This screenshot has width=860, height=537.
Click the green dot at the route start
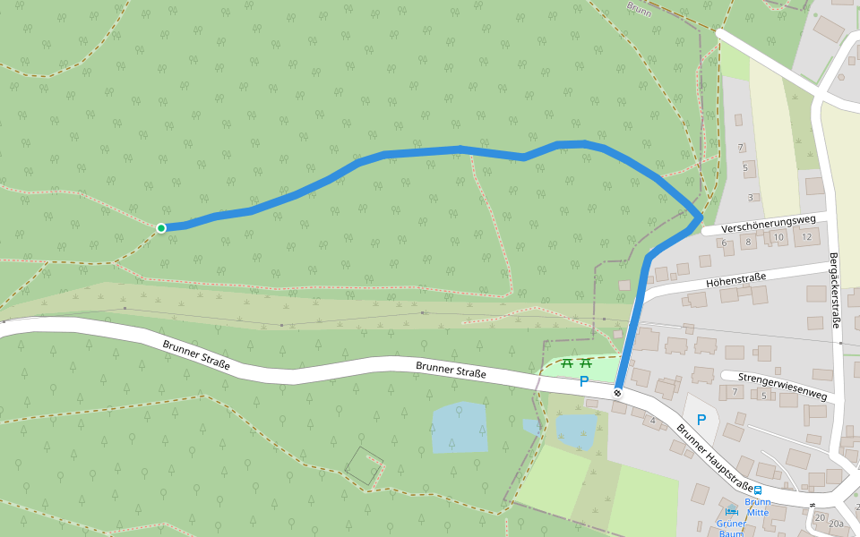pyautogui.click(x=161, y=228)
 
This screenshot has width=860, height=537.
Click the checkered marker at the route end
pyautogui.click(x=617, y=392)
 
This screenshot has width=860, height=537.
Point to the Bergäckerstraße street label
pyautogui.click(x=834, y=288)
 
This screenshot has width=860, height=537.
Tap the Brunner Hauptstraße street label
pyautogui.click(x=714, y=457)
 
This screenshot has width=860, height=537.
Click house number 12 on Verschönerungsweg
pyautogui.click(x=807, y=237)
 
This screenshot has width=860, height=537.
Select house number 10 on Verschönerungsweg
pyautogui.click(x=779, y=238)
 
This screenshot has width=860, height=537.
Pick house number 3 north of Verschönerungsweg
pyautogui.click(x=751, y=198)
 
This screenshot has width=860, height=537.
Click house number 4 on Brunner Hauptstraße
pyautogui.click(x=652, y=421)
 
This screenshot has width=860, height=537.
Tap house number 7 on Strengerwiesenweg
pyautogui.click(x=735, y=392)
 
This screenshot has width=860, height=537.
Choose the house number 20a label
pyautogui.click(x=837, y=524)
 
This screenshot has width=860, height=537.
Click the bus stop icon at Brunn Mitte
pyautogui.click(x=758, y=490)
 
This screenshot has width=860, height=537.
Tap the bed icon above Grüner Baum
pyautogui.click(x=731, y=511)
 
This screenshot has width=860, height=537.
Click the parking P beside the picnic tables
pyautogui.click(x=584, y=381)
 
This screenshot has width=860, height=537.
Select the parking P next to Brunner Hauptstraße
pyautogui.click(x=701, y=419)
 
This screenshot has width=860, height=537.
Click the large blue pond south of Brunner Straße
pyautogui.click(x=460, y=427)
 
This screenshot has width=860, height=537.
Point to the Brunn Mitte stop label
pyautogui.click(x=758, y=507)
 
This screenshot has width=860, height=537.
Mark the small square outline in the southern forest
pyautogui.click(x=365, y=465)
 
